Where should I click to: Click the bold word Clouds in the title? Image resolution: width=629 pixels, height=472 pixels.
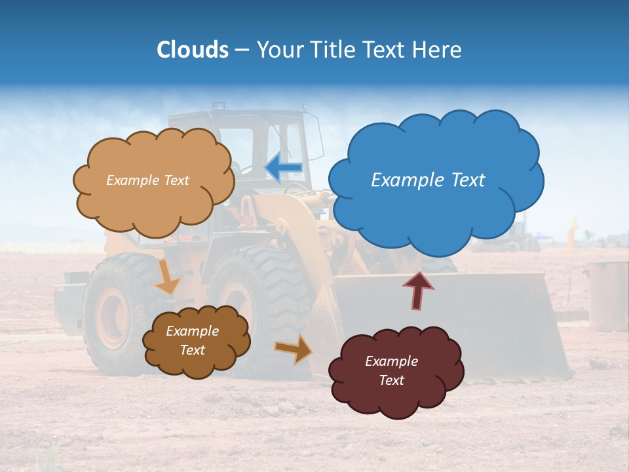192,50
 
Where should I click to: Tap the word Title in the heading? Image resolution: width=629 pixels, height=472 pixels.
331,50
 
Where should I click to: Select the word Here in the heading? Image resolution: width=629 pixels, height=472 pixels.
437,50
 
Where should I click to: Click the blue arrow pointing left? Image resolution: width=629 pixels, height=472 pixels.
284,167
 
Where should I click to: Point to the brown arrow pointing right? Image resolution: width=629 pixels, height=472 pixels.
294,349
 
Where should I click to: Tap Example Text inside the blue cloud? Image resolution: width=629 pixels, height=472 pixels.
428,180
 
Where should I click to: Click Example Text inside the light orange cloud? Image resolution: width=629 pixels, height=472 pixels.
147,180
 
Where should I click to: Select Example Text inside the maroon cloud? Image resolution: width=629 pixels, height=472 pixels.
391,370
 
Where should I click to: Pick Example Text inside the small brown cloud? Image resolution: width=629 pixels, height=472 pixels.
192,340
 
